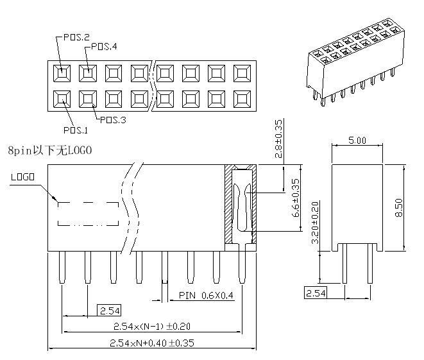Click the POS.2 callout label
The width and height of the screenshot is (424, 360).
[76, 37]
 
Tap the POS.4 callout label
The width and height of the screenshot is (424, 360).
[104, 46]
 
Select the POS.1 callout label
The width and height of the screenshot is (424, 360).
[75, 131]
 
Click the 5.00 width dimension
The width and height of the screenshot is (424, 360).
[357, 140]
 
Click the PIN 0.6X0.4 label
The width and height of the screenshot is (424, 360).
[206, 296]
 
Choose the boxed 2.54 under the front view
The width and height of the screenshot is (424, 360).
[108, 311]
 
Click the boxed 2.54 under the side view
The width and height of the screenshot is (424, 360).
[315, 293]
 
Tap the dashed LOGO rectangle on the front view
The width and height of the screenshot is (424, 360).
[89, 214]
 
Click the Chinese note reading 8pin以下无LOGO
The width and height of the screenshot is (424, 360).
[50, 151]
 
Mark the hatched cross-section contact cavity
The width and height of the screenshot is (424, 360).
[241, 205]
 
